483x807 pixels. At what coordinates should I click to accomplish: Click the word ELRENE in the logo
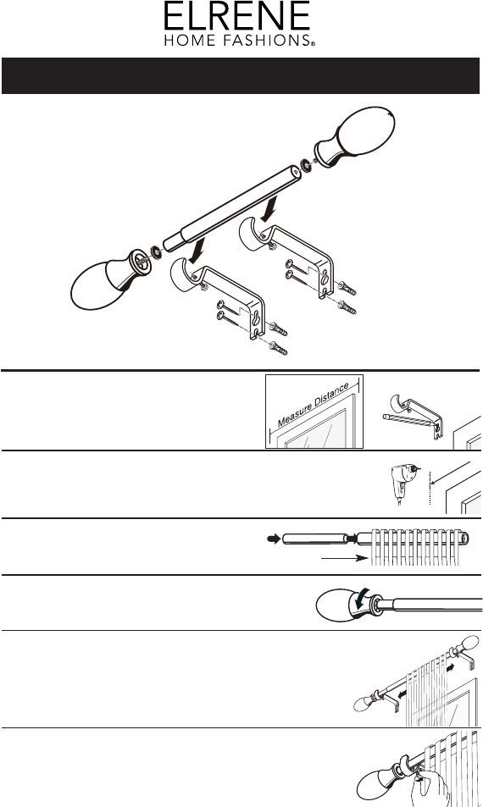237,16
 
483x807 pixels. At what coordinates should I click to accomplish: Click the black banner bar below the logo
241,75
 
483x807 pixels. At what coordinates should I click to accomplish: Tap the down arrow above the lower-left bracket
197,251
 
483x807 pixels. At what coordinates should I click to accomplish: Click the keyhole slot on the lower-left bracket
255,318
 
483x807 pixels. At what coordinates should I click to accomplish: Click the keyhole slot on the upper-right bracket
325,278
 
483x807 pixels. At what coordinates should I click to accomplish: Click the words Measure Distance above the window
314,405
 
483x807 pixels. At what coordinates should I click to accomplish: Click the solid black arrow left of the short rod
274,539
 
